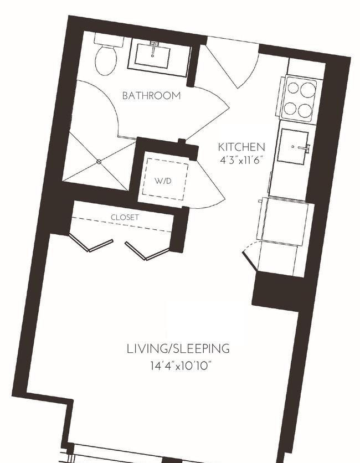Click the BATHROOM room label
[x=151, y=96]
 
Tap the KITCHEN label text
[x=241, y=147]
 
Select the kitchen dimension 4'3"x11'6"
[x=241, y=161]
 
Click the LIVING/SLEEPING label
[x=178, y=349]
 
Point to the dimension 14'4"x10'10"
[x=181, y=366]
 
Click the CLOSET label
[x=125, y=217]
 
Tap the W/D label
[x=163, y=181]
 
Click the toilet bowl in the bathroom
[x=105, y=60]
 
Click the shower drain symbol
[x=99, y=162]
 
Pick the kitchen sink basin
[x=292, y=146]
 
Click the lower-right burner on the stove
[x=305, y=111]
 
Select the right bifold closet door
[x=147, y=251]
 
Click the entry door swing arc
[x=251, y=73]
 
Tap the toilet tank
[x=109, y=39]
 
